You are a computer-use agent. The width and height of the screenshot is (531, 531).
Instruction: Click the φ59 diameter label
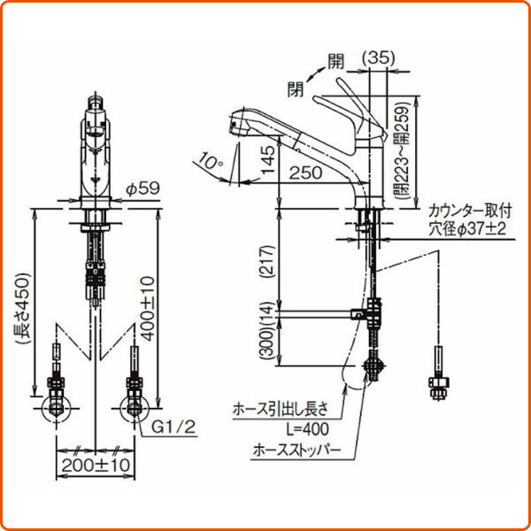point(142,189)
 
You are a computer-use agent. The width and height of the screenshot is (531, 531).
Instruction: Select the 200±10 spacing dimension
point(96,465)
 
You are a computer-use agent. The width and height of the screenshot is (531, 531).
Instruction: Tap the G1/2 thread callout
point(173,427)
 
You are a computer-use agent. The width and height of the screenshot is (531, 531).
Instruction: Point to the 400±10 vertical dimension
point(148,309)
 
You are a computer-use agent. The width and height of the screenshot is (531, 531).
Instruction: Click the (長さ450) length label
point(24,308)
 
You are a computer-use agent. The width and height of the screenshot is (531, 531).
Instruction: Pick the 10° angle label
point(211,160)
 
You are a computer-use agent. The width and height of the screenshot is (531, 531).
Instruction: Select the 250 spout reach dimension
point(305,173)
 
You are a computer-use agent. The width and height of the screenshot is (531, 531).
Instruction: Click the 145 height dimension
point(269,160)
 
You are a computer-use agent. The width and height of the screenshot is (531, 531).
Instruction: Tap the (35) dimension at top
point(379,58)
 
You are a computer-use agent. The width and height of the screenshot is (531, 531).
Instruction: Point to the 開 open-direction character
point(335,62)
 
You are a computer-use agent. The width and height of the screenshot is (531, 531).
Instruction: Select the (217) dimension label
point(268,261)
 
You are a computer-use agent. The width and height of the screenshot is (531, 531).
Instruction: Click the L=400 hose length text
point(307,429)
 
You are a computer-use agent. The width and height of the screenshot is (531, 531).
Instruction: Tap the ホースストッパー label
point(296,450)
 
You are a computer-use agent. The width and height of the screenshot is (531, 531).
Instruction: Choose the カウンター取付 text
point(470,212)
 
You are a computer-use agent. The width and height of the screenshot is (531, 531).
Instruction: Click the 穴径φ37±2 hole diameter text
point(467,229)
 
